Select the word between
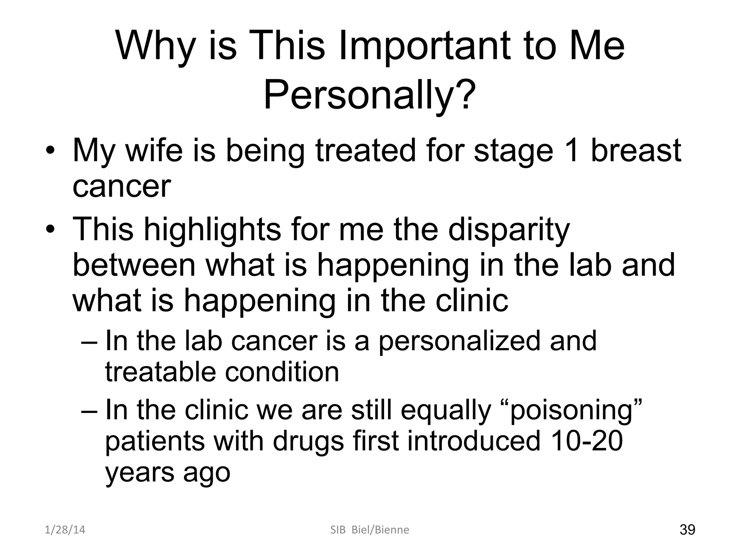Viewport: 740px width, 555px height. (x=134, y=266)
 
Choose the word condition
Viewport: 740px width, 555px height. (x=282, y=373)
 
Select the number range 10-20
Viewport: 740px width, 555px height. (x=587, y=441)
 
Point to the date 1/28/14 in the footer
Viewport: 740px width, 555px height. (x=65, y=530)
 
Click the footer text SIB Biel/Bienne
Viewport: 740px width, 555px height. (x=370, y=530)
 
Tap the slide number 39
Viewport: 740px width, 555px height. (x=687, y=530)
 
